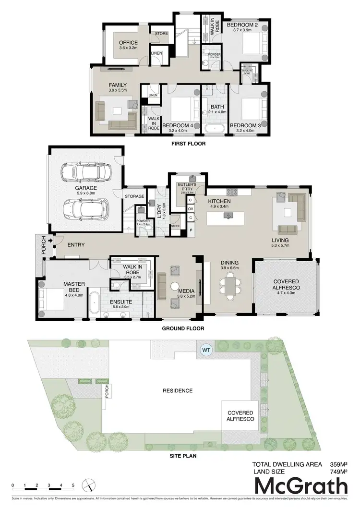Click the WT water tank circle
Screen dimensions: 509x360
(x=206, y=349)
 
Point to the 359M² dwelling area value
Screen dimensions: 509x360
(x=339, y=464)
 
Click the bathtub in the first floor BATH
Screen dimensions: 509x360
(x=214, y=129)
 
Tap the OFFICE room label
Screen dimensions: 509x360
(x=128, y=43)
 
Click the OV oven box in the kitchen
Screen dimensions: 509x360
(x=191, y=209)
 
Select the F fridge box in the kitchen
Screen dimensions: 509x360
(x=191, y=230)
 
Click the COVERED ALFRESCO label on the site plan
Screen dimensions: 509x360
(x=240, y=415)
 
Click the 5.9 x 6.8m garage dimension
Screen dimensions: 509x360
(x=87, y=194)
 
